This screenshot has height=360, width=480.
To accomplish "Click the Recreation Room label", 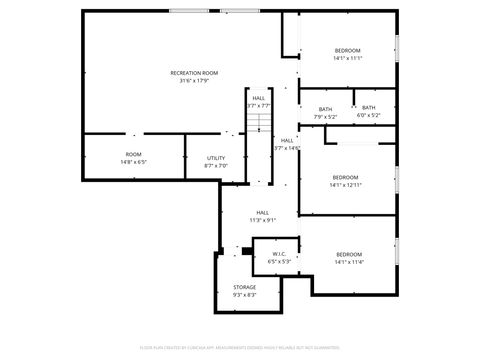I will (x=194, y=73).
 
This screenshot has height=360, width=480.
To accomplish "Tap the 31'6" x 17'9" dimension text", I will (x=194, y=81).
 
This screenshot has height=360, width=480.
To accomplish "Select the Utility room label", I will (x=216, y=158).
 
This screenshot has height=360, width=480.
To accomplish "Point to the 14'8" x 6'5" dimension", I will (x=133, y=161).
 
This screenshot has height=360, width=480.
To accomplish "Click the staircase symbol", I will (x=260, y=121).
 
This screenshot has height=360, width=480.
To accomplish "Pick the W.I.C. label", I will (x=279, y=254).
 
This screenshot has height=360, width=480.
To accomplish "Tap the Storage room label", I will (x=245, y=287).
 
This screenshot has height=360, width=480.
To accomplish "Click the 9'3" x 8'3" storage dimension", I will (x=245, y=295).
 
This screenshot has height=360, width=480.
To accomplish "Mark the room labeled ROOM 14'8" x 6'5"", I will (x=133, y=154).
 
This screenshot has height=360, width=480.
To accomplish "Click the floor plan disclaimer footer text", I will (x=240, y=347).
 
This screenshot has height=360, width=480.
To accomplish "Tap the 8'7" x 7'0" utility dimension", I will (x=216, y=166).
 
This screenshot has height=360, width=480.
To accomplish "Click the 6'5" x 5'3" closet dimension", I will (x=279, y=262).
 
